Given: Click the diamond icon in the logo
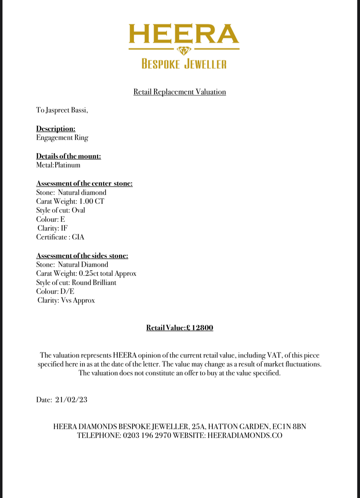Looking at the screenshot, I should tap(184, 50).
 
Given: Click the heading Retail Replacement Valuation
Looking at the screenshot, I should tap(180, 92).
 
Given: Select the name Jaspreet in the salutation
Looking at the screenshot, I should tap(57, 110).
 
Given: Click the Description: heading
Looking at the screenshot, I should tap(56, 129).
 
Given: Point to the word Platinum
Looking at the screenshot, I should tap(67, 165).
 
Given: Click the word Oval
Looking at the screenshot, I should tap(78, 210).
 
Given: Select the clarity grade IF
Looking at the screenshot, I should tap(64, 228).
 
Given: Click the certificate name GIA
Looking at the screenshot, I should tap(78, 237).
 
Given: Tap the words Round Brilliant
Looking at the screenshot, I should tap(94, 282).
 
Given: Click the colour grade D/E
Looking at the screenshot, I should tap(67, 291).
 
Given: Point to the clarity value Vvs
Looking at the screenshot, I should tap(66, 300).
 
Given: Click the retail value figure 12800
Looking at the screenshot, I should tap(202, 328).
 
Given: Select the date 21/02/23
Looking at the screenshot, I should tap(71, 400).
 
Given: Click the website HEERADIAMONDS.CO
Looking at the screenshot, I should tap(245, 435).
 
